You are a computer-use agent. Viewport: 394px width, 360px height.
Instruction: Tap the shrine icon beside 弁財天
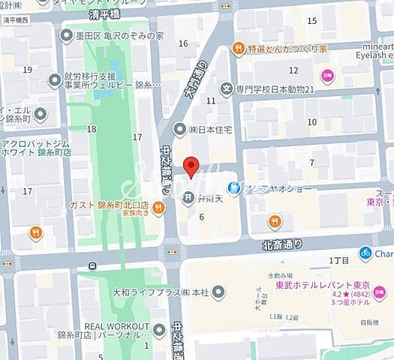coord(186,198)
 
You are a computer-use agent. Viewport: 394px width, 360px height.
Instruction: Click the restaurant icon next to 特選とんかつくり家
coord(238,49)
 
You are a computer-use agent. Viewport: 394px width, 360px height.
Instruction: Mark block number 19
coord(27,70)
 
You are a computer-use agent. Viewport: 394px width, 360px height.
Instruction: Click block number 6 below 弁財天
coord(201,217)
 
